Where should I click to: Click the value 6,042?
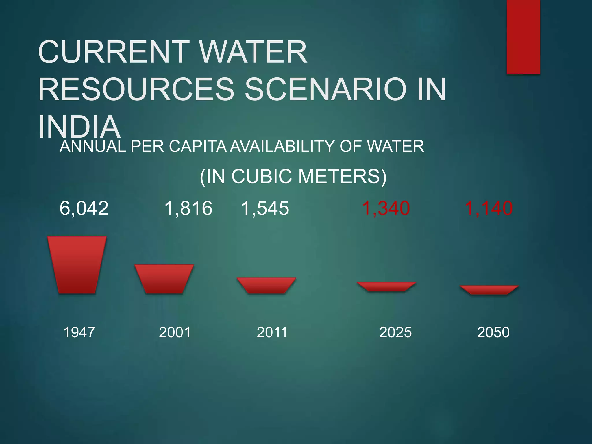(84, 208)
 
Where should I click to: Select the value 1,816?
(188, 208)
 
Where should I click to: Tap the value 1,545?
(265, 208)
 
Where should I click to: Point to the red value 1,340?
(386, 208)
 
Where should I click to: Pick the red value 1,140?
(489, 208)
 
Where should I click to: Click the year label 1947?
(79, 332)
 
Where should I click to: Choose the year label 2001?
(175, 332)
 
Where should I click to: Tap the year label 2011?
(272, 332)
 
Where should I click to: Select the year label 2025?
(395, 332)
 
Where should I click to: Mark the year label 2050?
(493, 332)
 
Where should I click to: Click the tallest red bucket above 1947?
(77, 265)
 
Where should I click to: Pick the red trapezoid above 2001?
(164, 279)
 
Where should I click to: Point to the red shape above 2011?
(266, 285)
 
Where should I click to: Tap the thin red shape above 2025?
(386, 286)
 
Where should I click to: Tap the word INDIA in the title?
(79, 127)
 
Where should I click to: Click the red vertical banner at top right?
(523, 37)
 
